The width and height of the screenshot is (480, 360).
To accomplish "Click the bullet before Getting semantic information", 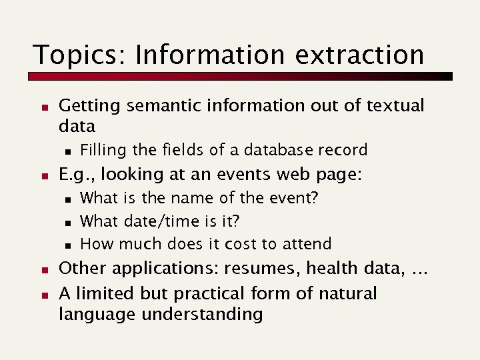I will pyautogui.click(x=41, y=105).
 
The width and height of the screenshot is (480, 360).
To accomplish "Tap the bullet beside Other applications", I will pyautogui.click(x=41, y=269).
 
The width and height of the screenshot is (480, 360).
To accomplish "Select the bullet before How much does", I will pyautogui.click(x=68, y=244).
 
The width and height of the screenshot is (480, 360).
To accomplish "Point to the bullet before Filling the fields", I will pyautogui.click(x=68, y=151).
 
